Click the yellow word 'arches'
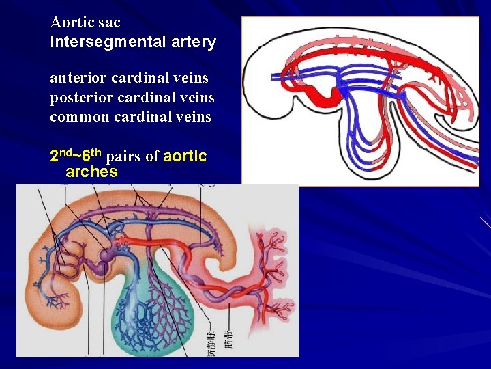tap(91, 172)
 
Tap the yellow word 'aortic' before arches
tap(185, 156)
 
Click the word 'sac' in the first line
tap(109, 22)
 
